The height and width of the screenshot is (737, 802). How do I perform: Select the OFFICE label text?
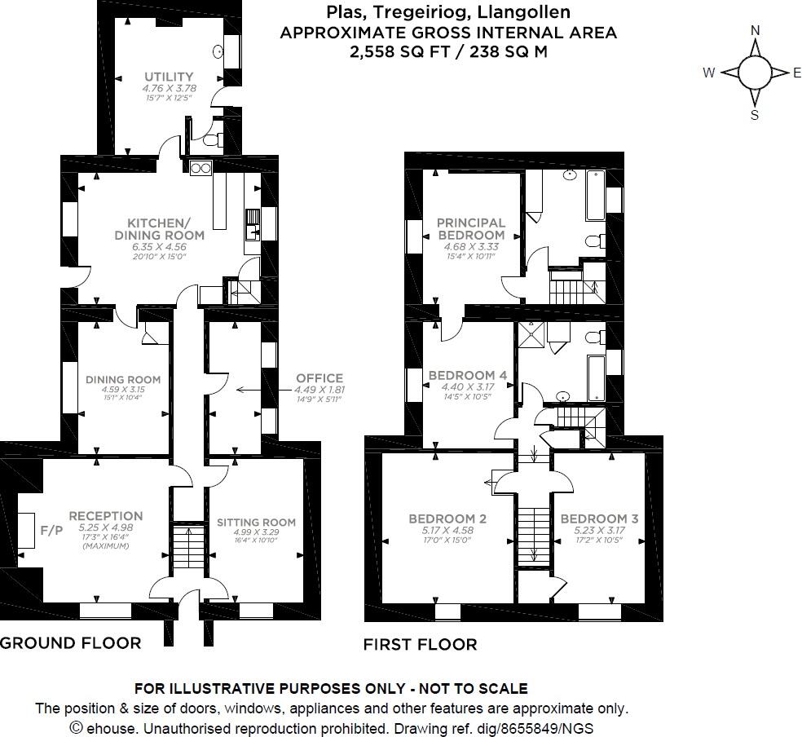[319, 378]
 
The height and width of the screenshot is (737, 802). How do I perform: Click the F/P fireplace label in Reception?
[51, 530]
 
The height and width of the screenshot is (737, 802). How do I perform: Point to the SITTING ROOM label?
[255, 523]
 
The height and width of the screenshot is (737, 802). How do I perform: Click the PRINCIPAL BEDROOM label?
[471, 228]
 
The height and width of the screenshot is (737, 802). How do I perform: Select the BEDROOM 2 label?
[447, 519]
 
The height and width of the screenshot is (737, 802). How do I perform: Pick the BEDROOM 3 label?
[598, 519]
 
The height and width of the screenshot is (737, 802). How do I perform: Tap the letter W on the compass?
[708, 73]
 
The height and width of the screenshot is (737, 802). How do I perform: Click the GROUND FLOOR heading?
[70, 642]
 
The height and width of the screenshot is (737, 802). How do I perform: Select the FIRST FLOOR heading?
[420, 644]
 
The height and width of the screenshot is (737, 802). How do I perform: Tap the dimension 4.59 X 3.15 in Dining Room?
[122, 390]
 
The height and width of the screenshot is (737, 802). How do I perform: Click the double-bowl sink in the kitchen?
[200, 168]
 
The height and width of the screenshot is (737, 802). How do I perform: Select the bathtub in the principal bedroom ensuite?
[595, 196]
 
